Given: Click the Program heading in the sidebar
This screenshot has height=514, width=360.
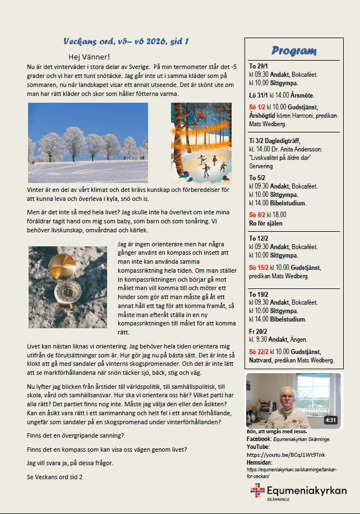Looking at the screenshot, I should (293, 51).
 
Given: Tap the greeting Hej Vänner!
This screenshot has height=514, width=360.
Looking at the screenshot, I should (89, 57).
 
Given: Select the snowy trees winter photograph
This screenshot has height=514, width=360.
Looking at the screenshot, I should (88, 142).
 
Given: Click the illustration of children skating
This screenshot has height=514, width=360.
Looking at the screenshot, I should (201, 144).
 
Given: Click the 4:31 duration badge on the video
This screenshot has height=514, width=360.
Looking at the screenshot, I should (331, 420).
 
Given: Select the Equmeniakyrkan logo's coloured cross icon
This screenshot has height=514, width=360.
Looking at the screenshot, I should (258, 491).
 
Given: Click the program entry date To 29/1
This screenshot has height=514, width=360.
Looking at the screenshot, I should (259, 65).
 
